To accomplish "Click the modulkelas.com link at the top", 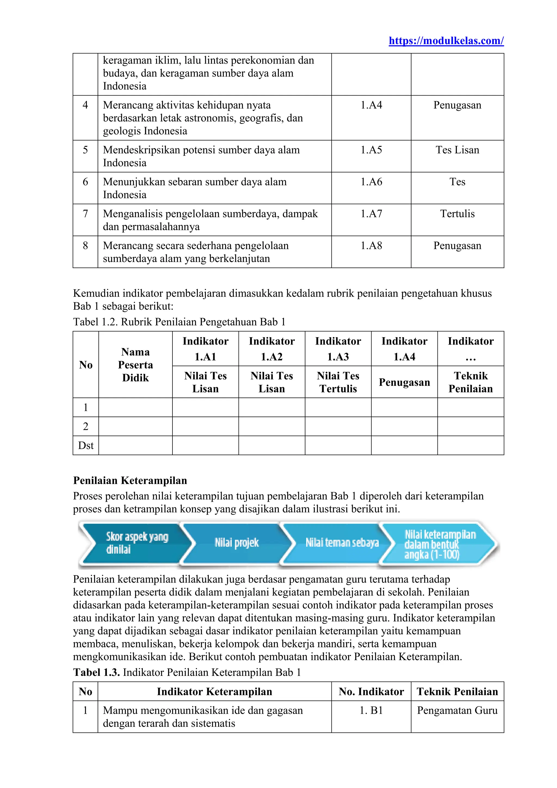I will (x=446, y=41).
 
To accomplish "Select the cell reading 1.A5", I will (x=371, y=150).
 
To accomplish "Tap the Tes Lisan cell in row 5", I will (x=457, y=150).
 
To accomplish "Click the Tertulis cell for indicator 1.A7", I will (x=457, y=214).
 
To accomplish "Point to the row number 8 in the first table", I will (x=85, y=246).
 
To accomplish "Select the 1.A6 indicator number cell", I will (x=371, y=182).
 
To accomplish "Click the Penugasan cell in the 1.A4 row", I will (x=457, y=105).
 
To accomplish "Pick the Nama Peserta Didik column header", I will (x=135, y=365).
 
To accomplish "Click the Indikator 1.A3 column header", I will (x=338, y=349).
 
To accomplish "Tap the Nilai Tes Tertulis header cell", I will (x=338, y=382).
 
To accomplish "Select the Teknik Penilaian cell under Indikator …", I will (x=471, y=382).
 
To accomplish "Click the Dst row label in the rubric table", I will (x=86, y=445).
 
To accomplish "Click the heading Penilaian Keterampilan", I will (x=130, y=481).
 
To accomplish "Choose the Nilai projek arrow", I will (x=237, y=543).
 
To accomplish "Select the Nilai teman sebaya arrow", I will (x=342, y=543).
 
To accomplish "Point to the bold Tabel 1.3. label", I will (x=96, y=672).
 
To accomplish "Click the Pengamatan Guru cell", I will (x=457, y=710).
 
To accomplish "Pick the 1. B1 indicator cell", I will (x=371, y=710).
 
